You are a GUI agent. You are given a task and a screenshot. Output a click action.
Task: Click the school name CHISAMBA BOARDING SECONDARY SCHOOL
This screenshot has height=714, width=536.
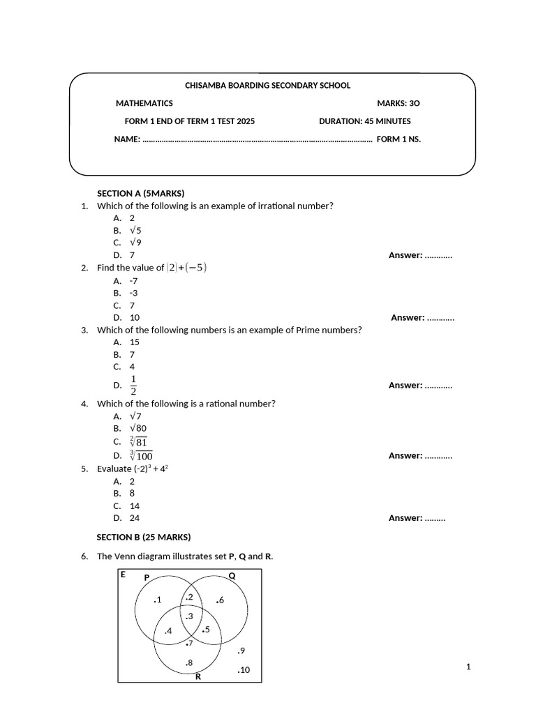pos(267,85)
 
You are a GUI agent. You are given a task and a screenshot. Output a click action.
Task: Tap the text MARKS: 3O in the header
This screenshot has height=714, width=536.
pos(399,103)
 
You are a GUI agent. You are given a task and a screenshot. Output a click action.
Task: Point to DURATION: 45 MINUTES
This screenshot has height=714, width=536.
pos(364,121)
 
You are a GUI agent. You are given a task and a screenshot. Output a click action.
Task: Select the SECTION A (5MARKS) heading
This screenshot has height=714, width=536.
pos(140,193)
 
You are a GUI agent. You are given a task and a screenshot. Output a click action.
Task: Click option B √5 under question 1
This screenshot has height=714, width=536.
pos(135,230)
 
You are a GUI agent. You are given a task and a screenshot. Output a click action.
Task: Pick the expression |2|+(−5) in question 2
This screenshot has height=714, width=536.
pos(187,267)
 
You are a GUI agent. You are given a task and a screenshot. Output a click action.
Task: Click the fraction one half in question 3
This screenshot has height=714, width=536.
pos(133,384)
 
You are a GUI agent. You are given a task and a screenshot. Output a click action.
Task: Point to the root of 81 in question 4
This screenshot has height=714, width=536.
pos(138,441)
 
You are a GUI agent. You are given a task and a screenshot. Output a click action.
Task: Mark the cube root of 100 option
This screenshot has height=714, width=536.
pos(141,455)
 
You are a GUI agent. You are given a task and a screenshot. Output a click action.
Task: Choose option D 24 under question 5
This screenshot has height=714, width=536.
pos(135,518)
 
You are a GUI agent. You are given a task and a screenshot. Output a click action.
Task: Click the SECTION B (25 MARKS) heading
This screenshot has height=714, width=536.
pos(143,537)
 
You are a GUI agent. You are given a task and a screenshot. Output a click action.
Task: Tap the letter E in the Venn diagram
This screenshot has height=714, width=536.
pos(123,575)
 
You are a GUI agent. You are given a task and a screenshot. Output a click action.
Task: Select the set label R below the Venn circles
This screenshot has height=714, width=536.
pos(198,676)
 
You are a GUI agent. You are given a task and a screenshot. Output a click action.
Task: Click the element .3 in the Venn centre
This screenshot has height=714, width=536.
pos(188,615)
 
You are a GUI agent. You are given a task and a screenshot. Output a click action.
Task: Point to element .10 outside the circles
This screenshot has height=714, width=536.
pos(244,670)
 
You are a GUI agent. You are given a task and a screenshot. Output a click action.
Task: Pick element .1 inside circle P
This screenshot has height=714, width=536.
pos(157,600)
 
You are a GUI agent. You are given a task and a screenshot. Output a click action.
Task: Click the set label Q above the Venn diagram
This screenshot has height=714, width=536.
pos(232,576)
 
